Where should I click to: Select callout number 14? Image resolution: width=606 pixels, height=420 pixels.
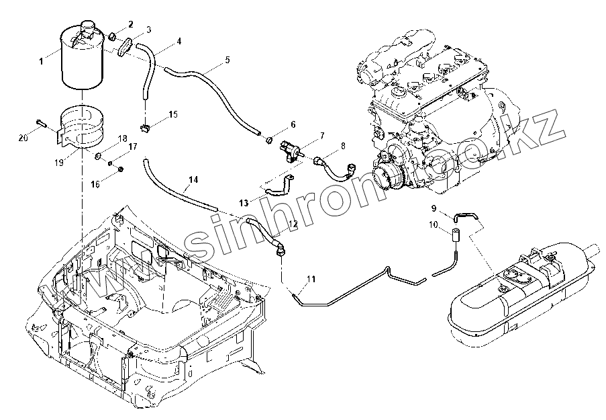pos(193,180)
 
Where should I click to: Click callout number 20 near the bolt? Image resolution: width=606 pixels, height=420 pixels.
pos(23,137)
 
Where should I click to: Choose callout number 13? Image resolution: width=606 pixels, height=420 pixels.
pos(242,202)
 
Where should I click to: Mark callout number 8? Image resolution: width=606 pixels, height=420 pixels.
pos(343,145)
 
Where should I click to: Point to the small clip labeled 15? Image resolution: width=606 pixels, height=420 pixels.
pos(143,124)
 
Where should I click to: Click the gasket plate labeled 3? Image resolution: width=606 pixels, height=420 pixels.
pos(126,48)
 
